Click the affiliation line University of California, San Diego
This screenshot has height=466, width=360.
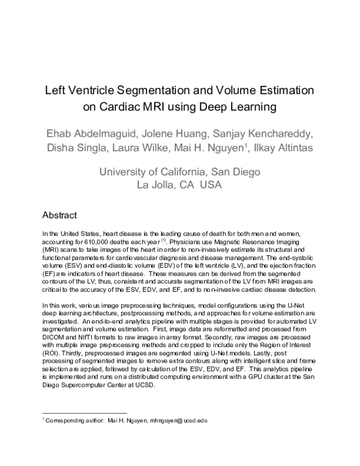(179, 172)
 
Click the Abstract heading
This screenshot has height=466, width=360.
(61, 214)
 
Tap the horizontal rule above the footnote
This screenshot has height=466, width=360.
(85, 413)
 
